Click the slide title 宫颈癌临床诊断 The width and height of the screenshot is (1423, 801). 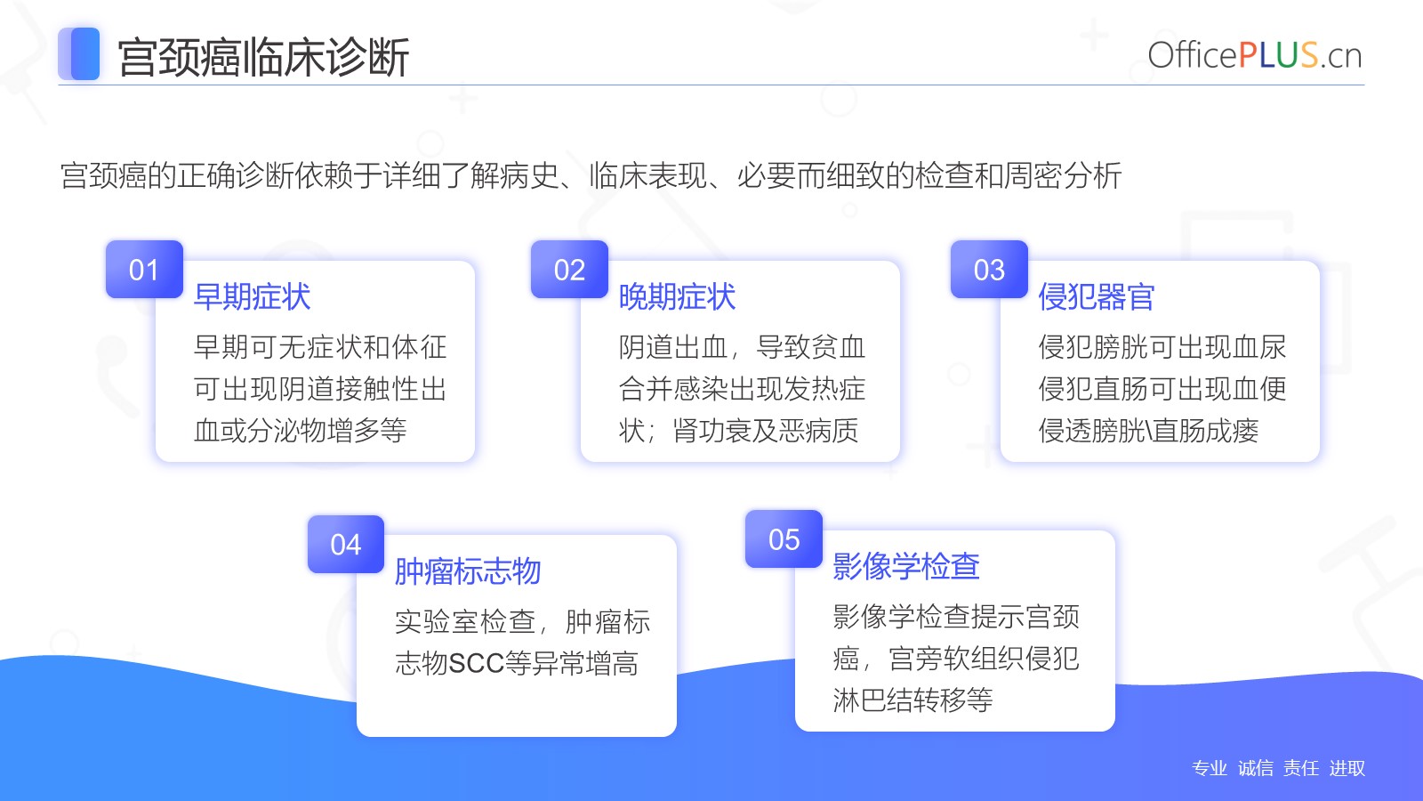(263, 57)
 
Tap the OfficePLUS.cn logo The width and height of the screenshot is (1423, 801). (1255, 54)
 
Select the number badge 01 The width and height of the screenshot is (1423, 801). (144, 270)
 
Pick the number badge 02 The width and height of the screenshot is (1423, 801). (569, 270)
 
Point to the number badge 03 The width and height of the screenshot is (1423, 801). (989, 270)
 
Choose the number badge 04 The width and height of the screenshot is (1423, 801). (346, 544)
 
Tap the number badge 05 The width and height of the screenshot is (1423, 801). (784, 539)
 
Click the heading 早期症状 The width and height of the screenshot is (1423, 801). (252, 297)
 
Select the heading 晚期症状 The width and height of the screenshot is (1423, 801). (677, 297)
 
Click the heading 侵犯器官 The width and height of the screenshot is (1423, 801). (1097, 297)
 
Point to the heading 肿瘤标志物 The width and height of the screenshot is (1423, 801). (468, 570)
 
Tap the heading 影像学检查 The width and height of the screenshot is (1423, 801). (906, 566)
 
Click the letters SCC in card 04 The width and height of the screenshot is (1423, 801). (477, 664)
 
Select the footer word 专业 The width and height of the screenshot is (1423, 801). (1210, 768)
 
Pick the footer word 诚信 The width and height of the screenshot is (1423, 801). (1255, 768)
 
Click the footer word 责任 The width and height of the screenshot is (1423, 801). (1301, 768)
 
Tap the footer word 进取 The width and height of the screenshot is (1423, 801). (1347, 768)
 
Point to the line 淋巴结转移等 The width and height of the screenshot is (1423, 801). (912, 700)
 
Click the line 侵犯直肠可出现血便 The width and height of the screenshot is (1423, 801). (1162, 388)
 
